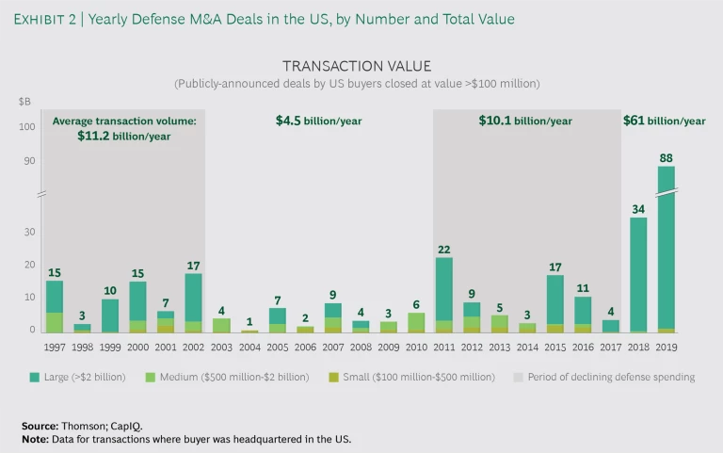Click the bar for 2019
click(x=666, y=249)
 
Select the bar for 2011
click(x=444, y=295)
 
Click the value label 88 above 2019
click(x=666, y=158)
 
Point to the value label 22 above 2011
click(x=444, y=249)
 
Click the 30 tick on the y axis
click(x=29, y=232)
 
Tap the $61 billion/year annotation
click(x=665, y=121)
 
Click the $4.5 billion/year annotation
click(x=318, y=121)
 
